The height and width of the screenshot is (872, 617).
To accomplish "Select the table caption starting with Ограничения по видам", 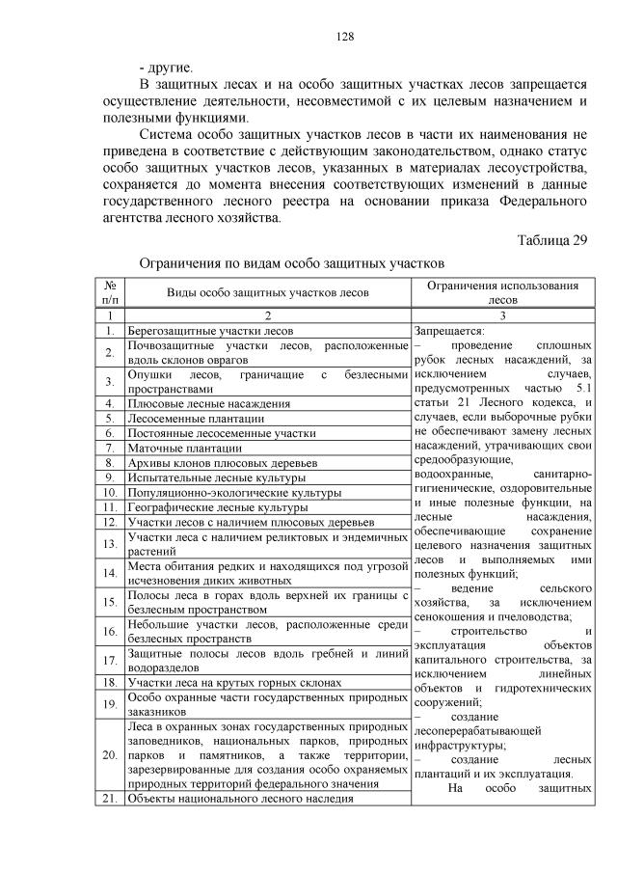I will [291, 261].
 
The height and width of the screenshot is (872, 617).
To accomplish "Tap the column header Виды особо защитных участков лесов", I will [267, 292].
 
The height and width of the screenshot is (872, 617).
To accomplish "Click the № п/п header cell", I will [110, 292].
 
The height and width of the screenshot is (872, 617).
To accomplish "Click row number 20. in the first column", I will [110, 753].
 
